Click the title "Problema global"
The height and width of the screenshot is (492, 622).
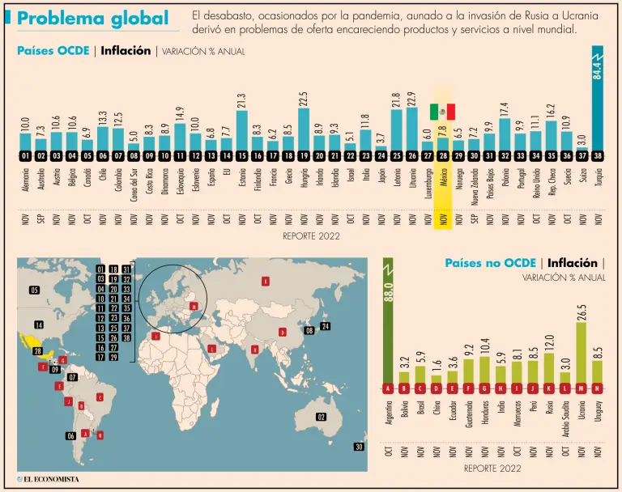coord(93,18)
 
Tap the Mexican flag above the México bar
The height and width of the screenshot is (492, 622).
coord(442,112)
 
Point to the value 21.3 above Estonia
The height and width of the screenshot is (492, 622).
coord(241,102)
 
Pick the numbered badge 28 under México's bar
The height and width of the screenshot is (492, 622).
coord(442,156)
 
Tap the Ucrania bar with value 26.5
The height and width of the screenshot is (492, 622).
coord(582,353)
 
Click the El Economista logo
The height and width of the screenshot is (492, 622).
coord(49,479)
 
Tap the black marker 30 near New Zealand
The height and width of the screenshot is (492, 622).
coord(360,447)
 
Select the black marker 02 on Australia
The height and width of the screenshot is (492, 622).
coord(322,417)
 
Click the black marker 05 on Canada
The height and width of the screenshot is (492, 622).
coord(34,290)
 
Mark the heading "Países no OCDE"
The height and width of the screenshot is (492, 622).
coord(490,263)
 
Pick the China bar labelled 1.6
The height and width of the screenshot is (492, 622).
coord(437,377)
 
